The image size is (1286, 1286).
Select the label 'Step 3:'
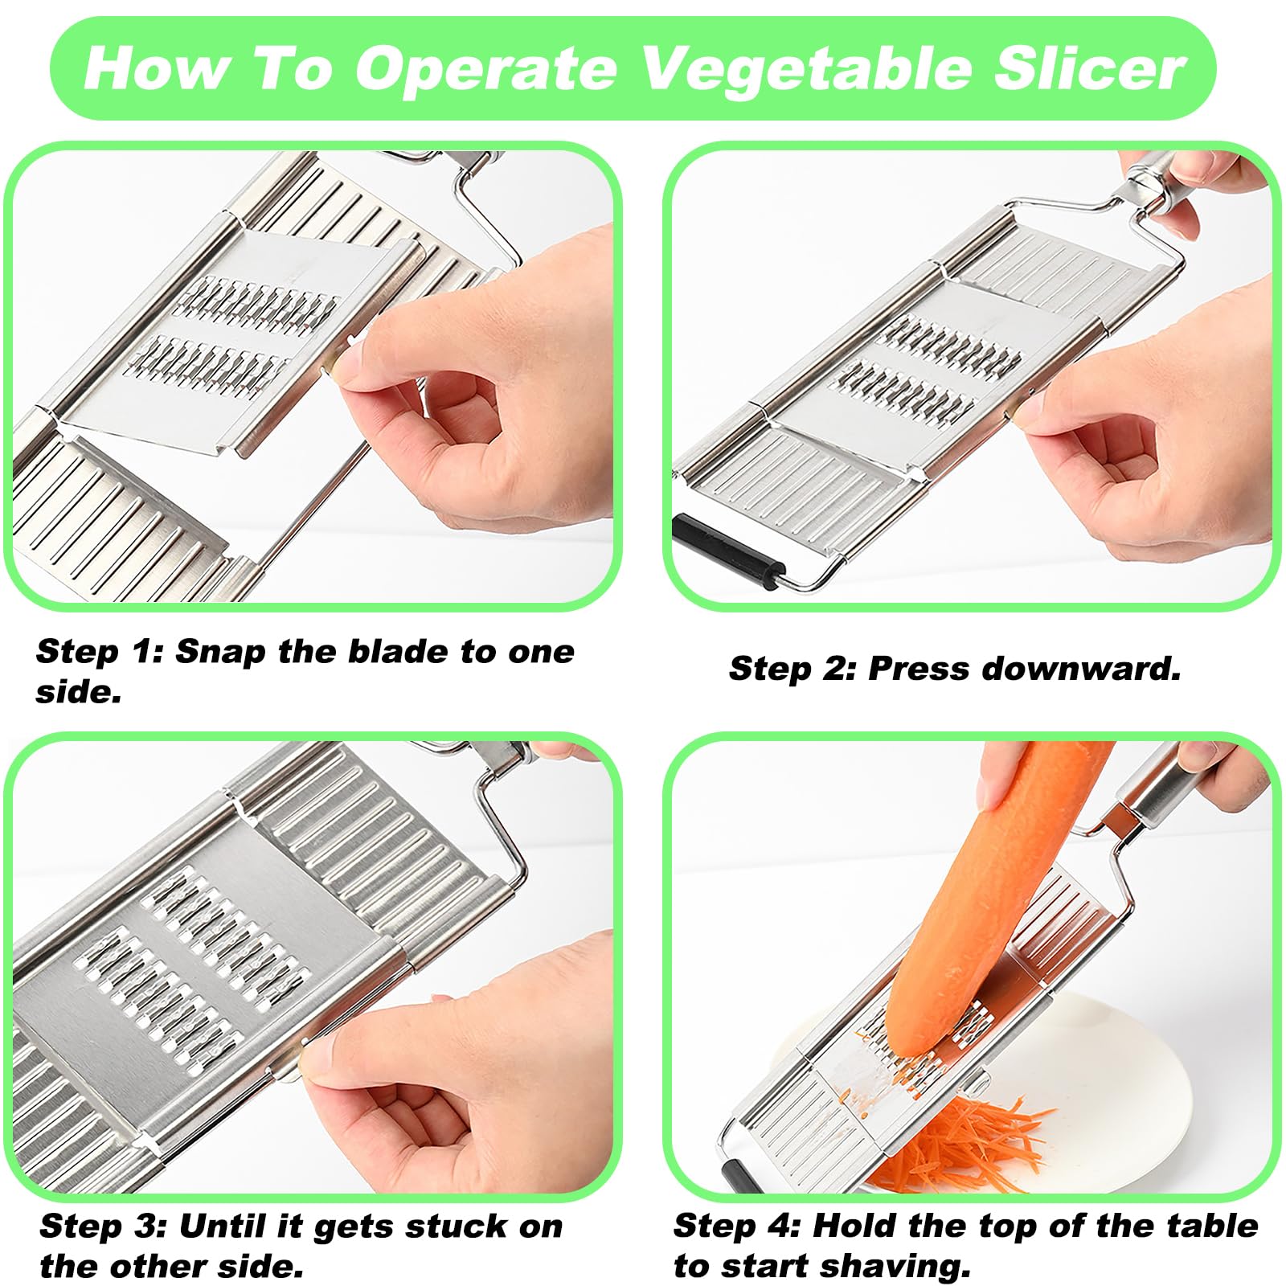click(x=103, y=1227)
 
